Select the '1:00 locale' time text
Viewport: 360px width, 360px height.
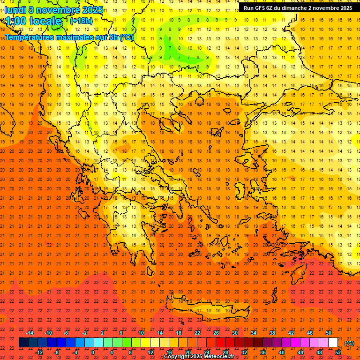click(x=33, y=21)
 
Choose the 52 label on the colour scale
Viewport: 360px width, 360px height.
click(x=338, y=352)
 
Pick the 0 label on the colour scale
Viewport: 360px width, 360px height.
click(x=93, y=352)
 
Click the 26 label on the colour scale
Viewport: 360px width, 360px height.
click(x=216, y=333)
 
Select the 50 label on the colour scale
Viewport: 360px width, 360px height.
click(x=329, y=333)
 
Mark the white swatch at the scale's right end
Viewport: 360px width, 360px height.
click(x=333, y=343)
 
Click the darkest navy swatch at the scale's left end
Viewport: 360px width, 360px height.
click(x=23, y=343)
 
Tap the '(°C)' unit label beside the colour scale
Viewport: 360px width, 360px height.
click(x=349, y=343)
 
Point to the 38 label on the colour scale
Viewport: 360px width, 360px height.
click(x=272, y=333)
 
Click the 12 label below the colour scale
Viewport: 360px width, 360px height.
click(x=150, y=352)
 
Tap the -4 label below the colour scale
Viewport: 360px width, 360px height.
click(x=75, y=352)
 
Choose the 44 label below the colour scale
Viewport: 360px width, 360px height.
click(x=300, y=352)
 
